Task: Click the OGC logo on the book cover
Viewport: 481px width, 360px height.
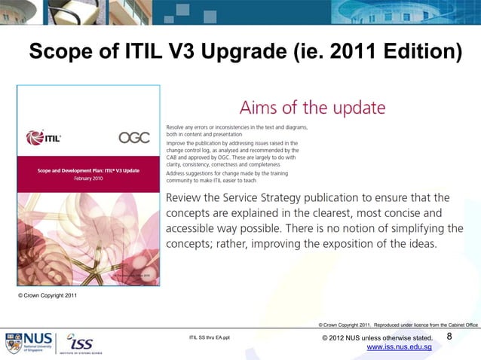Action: (x=133, y=137)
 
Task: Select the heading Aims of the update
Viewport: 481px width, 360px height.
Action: (x=312, y=107)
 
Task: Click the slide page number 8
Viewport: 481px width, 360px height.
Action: (x=450, y=337)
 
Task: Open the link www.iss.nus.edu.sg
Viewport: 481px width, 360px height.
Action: (x=398, y=347)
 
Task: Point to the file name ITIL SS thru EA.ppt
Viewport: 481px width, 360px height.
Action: (x=214, y=338)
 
